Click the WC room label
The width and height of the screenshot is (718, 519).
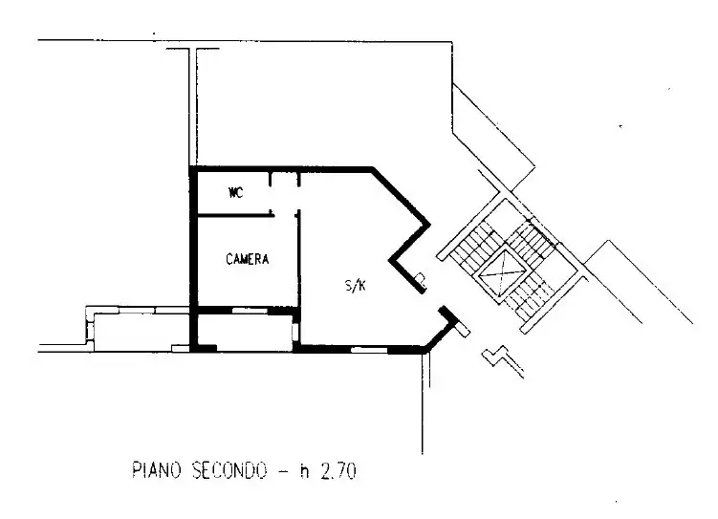pos(235,193)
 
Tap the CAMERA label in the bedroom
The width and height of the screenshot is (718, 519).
pos(248,259)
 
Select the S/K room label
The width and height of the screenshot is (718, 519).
pos(354,285)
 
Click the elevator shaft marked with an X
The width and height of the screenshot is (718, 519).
pos(502,272)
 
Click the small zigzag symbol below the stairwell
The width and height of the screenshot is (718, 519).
pos(497,356)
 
